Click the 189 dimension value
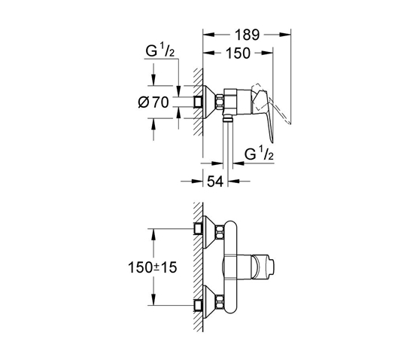(x=247, y=35)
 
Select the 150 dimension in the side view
(x=238, y=53)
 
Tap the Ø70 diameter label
(x=153, y=102)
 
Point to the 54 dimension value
(x=215, y=182)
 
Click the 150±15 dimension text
(x=153, y=267)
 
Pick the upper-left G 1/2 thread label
(x=159, y=50)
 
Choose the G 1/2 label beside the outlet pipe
(x=259, y=153)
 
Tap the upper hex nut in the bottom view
(x=220, y=232)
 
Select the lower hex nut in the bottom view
(x=220, y=302)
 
